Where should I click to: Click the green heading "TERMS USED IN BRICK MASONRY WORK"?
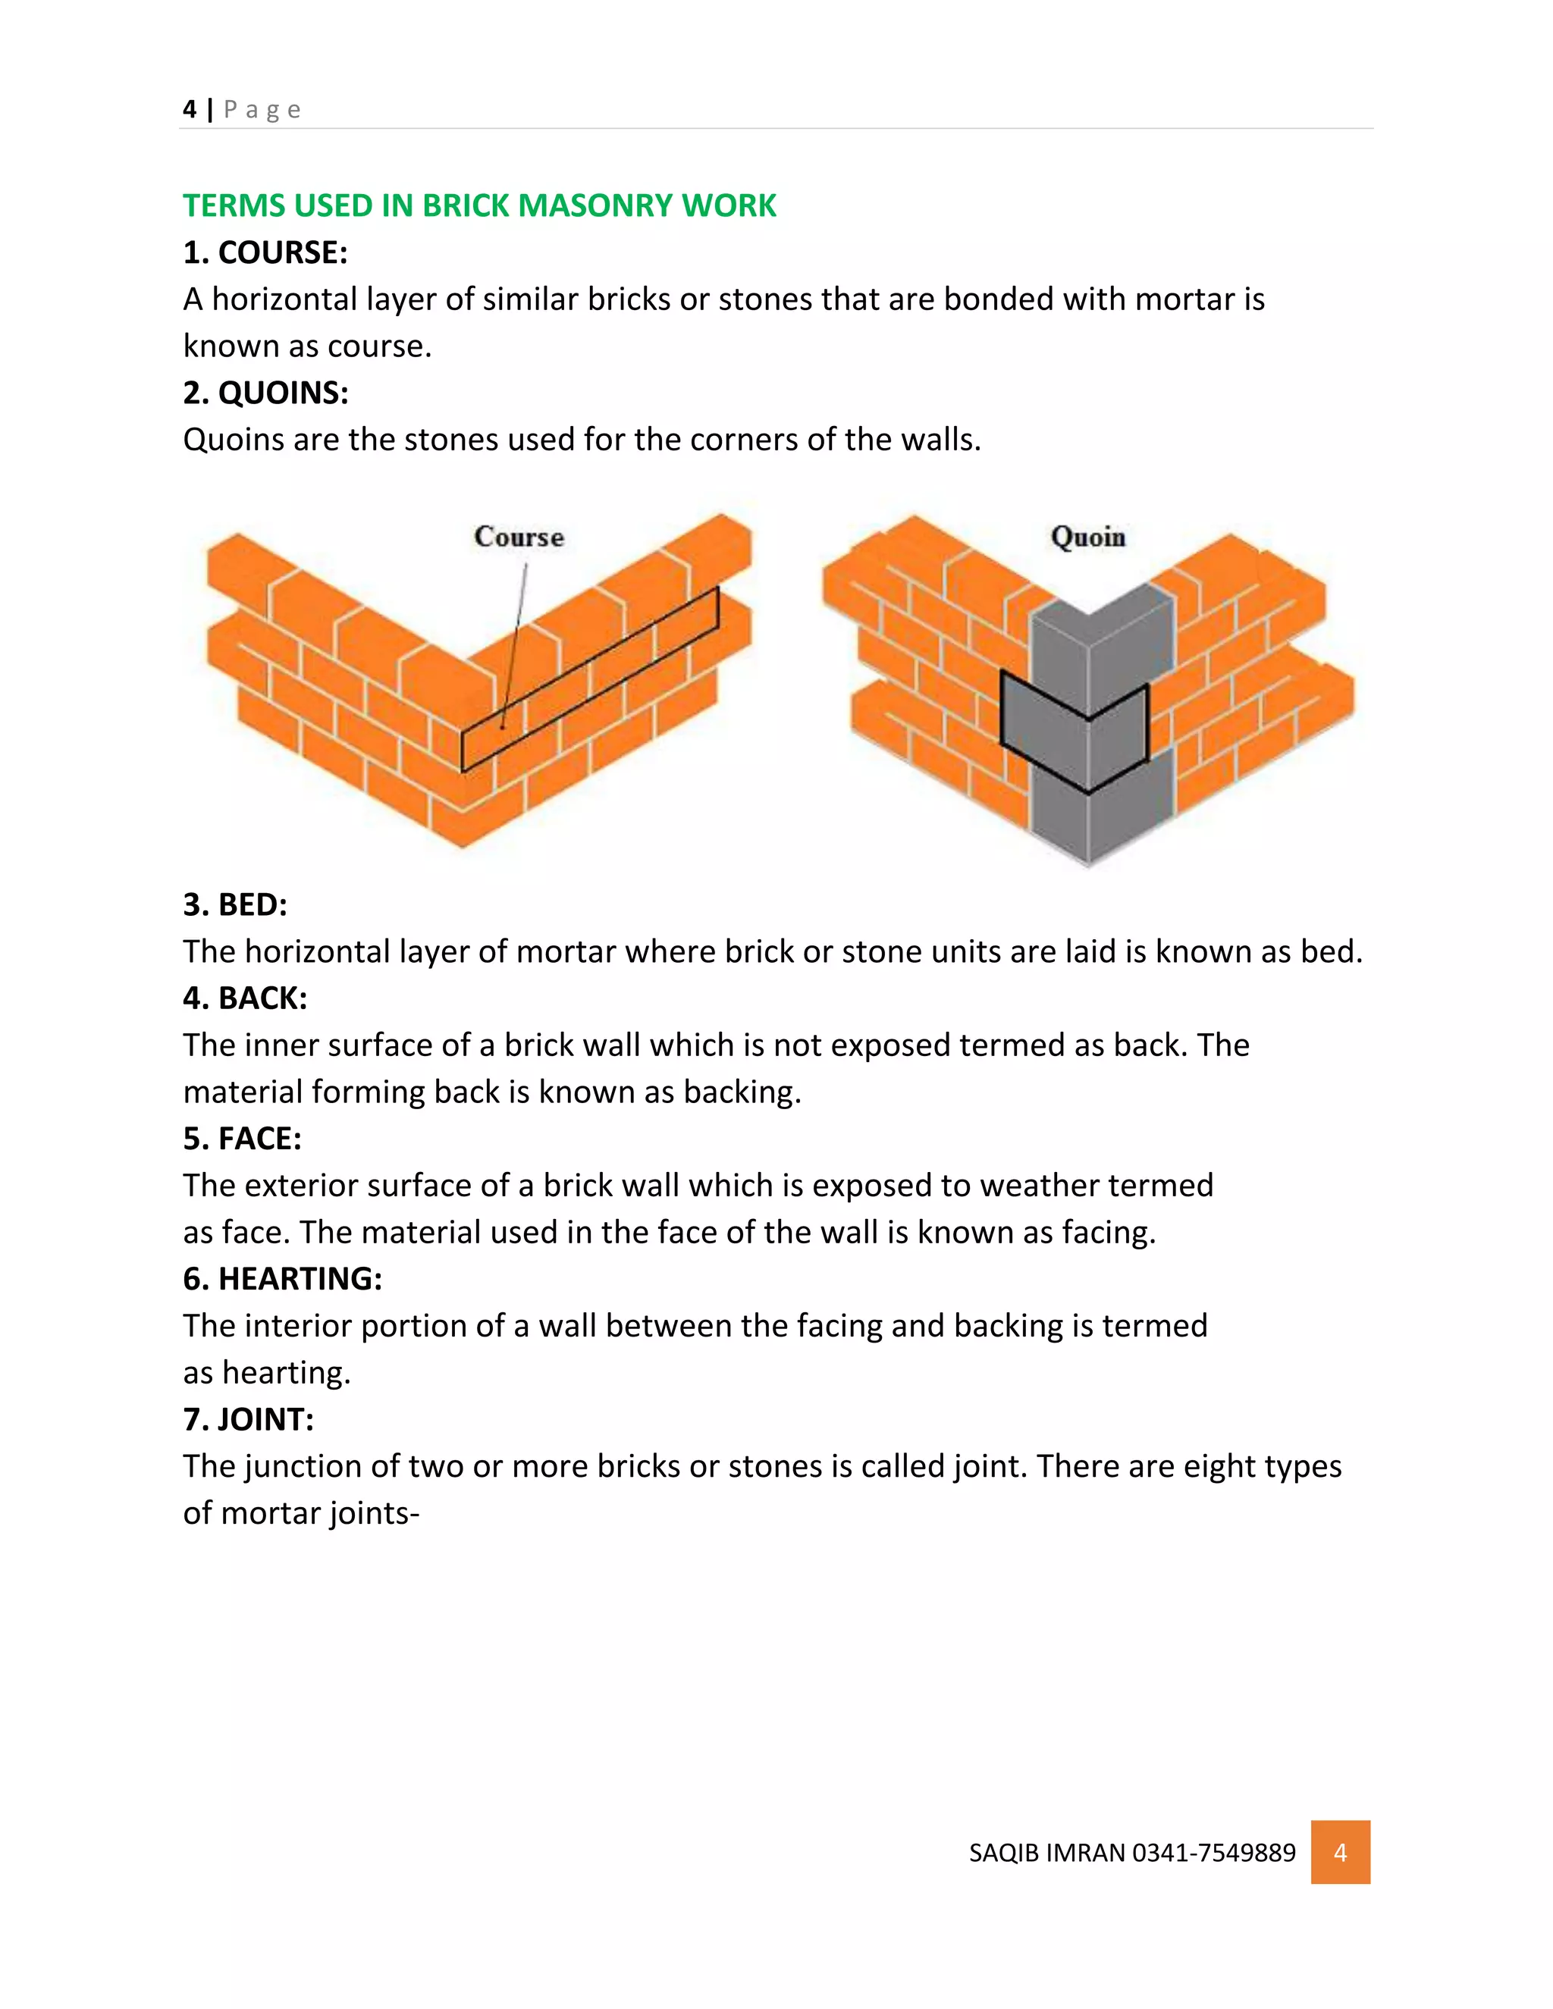coord(479,205)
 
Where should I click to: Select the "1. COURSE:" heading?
coord(265,252)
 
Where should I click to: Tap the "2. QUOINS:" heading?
coord(265,393)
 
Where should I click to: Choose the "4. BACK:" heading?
coord(245,998)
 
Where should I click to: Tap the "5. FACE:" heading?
coord(242,1139)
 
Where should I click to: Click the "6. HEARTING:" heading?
coord(281,1279)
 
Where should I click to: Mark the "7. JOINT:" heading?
coord(249,1419)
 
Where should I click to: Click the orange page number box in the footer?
coord(1340,1852)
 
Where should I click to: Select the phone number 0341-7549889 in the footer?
coord(1213,1853)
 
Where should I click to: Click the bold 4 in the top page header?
coord(190,109)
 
